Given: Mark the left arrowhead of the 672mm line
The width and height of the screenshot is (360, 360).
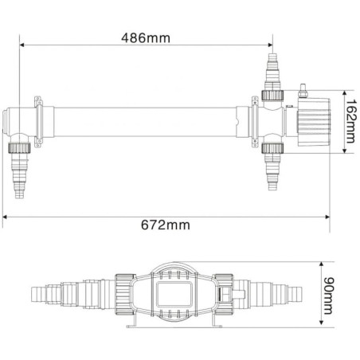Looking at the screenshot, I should coord(6,215).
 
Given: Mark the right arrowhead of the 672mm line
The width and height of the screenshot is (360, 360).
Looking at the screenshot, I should coord(328,215).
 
